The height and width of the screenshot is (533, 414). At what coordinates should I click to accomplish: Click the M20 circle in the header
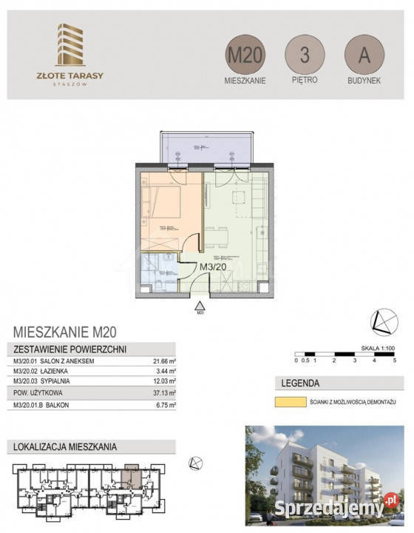tap(245, 54)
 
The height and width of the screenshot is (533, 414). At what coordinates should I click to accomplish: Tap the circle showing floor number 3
tap(305, 54)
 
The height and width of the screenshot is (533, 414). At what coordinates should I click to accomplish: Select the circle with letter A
tap(364, 54)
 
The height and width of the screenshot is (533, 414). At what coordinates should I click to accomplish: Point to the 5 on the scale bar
tap(395, 361)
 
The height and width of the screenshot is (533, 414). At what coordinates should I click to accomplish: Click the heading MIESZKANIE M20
tap(66, 332)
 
